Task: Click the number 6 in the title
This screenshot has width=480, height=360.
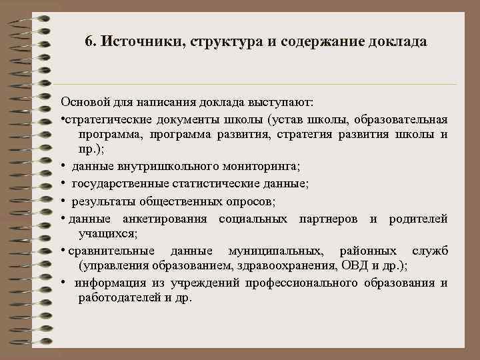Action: coord(89,41)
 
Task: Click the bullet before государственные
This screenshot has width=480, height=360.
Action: coord(63,183)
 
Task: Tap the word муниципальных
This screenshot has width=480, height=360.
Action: coord(276,251)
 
